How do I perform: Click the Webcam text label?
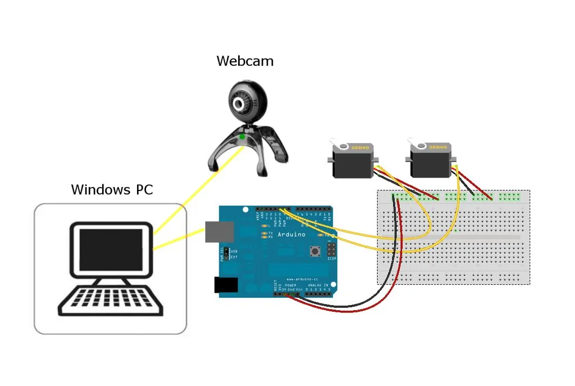pyautogui.click(x=245, y=61)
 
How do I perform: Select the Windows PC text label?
pyautogui.click(x=112, y=189)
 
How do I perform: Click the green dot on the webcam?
pyautogui.click(x=242, y=137)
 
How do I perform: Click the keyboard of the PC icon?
pyautogui.click(x=111, y=301)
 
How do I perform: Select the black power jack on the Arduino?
pyautogui.click(x=226, y=285)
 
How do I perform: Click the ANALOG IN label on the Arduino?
pyautogui.click(x=317, y=285)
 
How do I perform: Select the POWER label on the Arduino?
pyautogui.click(x=290, y=285)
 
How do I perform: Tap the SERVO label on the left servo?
pyautogui.click(x=360, y=147)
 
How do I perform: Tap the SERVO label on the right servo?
pyautogui.click(x=438, y=147)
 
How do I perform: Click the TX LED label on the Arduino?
pyautogui.click(x=271, y=233)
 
